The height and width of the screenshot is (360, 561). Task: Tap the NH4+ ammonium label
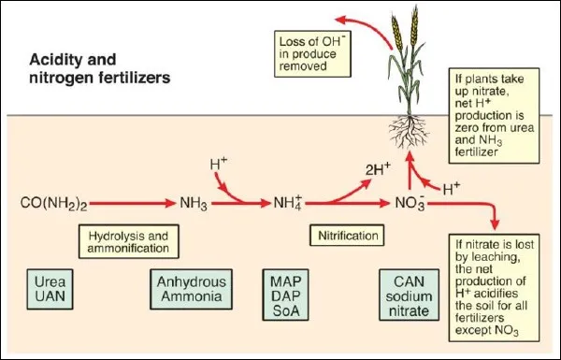point(285,201)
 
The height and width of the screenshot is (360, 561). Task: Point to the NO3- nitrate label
point(409,202)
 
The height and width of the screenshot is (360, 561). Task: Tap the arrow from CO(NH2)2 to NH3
point(126,202)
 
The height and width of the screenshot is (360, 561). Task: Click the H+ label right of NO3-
point(451,189)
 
